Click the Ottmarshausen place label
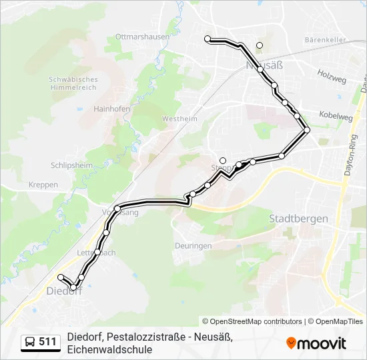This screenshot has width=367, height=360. tap(143, 37)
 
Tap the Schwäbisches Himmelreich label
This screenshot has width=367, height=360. tap(73, 83)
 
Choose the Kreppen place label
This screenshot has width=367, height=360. tap(43, 185)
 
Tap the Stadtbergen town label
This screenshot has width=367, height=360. tap(298, 218)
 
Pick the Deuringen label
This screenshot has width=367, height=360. tap(193, 245)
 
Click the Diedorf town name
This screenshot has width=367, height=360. tap(64, 291)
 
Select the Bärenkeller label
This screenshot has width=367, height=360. tap(325, 40)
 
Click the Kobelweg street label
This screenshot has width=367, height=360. tap(336, 116)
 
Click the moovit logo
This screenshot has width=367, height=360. tap(316, 343)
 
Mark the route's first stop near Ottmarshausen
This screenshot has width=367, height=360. tap(208, 39)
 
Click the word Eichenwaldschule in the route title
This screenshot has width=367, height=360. tap(110, 349)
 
